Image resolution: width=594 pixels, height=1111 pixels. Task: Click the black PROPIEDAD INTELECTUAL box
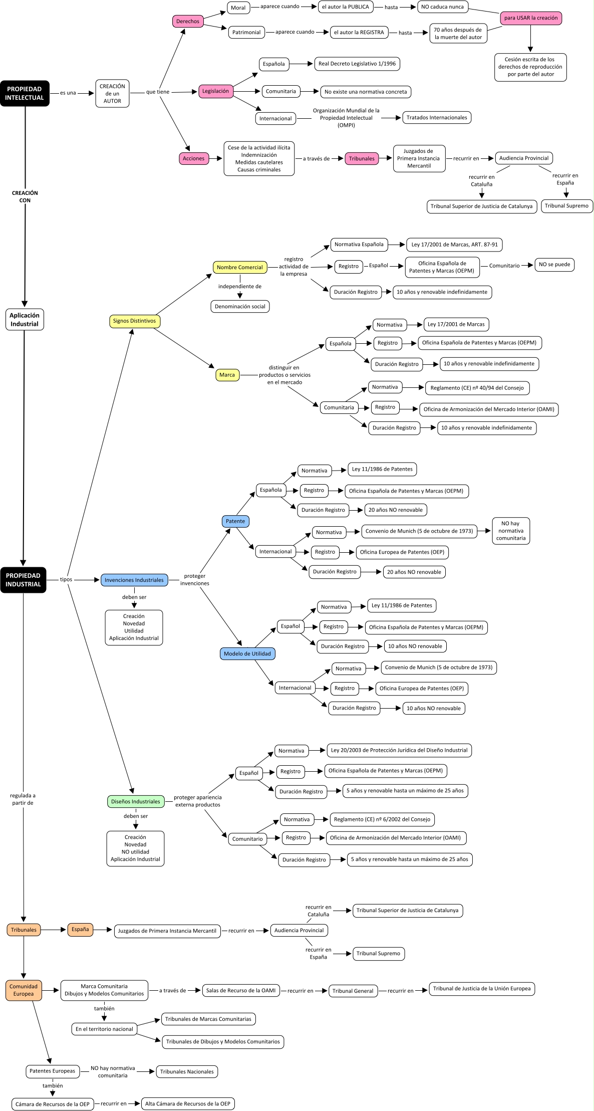(25, 93)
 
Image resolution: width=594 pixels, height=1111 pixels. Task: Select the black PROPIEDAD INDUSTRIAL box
(23, 580)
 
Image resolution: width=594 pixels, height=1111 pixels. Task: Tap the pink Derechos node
(188, 21)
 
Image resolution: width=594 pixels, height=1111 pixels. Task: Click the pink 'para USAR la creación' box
(530, 18)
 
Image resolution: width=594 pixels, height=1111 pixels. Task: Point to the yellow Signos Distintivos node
(134, 321)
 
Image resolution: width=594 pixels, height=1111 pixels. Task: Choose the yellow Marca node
(227, 375)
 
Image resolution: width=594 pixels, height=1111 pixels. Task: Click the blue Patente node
(235, 521)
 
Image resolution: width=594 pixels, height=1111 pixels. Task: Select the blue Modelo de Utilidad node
(247, 653)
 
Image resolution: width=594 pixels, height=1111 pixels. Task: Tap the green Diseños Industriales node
(136, 801)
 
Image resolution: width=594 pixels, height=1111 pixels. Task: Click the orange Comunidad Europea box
(24, 990)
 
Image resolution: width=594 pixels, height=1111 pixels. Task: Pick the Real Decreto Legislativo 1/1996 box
(357, 64)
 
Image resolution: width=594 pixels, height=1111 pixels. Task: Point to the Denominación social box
(240, 306)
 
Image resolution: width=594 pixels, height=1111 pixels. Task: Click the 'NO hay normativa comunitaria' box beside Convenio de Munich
(511, 531)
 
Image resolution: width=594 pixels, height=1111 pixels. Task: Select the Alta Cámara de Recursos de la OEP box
(188, 1103)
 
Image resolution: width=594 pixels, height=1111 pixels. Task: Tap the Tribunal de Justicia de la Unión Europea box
(482, 989)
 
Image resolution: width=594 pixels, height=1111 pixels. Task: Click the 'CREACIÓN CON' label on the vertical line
(25, 196)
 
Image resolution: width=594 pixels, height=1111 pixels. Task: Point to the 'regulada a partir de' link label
(23, 799)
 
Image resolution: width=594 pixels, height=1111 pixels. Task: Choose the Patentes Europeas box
(53, 1071)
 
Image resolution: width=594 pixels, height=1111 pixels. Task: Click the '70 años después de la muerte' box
(458, 34)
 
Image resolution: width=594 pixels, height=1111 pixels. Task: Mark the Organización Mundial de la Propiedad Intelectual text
(347, 118)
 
